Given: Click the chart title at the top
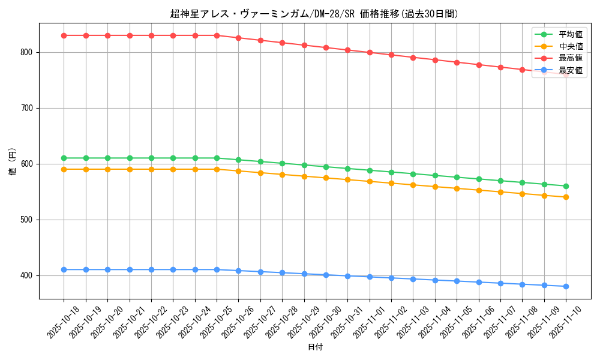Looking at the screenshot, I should pyautogui.click(x=314, y=14).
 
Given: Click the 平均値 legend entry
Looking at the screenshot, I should pyautogui.click(x=571, y=34).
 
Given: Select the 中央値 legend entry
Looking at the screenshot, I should pyautogui.click(x=571, y=46).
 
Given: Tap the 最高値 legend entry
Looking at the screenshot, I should pyautogui.click(x=571, y=58).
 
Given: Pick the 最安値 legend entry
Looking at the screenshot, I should pyautogui.click(x=571, y=70).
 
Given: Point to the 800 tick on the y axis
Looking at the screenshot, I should pyautogui.click(x=28, y=52).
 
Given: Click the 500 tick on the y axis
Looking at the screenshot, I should pyautogui.click(x=28, y=220).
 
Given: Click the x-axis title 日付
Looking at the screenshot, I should pyautogui.click(x=315, y=347).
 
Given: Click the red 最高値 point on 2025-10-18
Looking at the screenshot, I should pyautogui.click(x=64, y=35).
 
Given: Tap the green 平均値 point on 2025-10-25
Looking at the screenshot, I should pyautogui.click(x=217, y=158).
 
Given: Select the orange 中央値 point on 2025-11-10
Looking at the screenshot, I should pyautogui.click(x=566, y=197).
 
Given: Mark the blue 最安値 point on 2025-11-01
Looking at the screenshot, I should pyautogui.click(x=370, y=277).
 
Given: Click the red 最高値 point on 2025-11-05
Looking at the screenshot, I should pyautogui.click(x=457, y=62).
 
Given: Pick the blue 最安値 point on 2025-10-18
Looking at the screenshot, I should pyautogui.click(x=64, y=269).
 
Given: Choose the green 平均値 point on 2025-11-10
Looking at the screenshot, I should pyautogui.click(x=566, y=186).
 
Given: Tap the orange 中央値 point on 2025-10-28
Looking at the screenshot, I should pyautogui.click(x=282, y=175).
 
